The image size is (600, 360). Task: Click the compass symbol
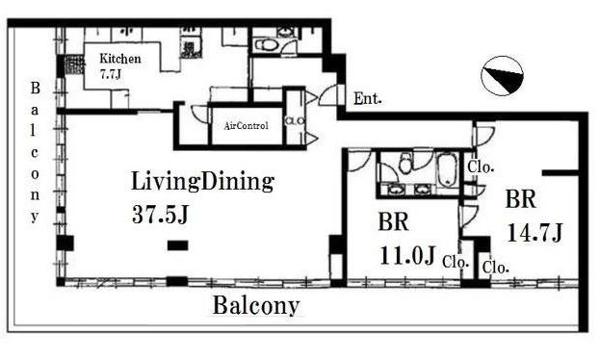point(502,76)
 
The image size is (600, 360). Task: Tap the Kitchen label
point(120,59)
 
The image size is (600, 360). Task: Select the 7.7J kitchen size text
point(111,74)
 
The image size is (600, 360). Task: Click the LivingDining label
point(202,182)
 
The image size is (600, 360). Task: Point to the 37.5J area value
point(160,215)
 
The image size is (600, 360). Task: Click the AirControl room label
point(246,125)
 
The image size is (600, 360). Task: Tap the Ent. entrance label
point(368,99)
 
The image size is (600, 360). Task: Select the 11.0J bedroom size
point(407,255)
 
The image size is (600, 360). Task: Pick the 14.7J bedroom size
point(535,232)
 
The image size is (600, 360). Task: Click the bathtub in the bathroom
point(447,169)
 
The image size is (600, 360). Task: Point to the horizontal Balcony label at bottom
point(255,306)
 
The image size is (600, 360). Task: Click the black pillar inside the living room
point(178,245)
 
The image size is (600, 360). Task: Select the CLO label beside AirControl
point(295,121)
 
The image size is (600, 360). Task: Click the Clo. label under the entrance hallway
point(481,167)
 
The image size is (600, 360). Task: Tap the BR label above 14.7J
point(520,199)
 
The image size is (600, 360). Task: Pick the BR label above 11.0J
point(393,221)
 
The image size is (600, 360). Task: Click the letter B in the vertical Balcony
point(36,89)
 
